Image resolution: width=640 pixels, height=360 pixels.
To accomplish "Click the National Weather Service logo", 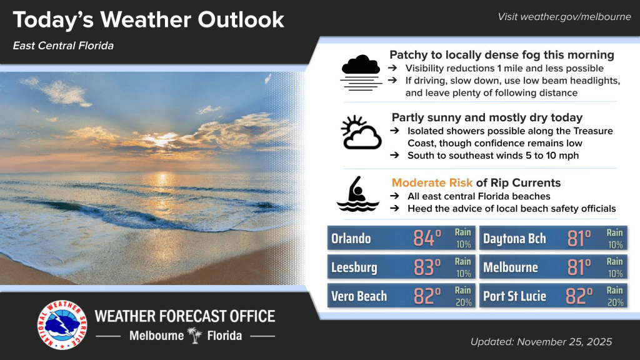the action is (62, 325).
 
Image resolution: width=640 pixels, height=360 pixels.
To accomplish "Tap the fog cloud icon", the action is (361, 72).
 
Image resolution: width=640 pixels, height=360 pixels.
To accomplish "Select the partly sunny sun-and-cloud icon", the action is (361, 132).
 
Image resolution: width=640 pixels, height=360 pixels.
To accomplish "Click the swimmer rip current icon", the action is (357, 194).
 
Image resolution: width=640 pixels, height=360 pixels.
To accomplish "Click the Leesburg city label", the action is (354, 267).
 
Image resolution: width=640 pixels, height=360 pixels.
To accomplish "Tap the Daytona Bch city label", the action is (514, 238).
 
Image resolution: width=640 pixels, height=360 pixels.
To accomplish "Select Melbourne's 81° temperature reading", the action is (579, 267).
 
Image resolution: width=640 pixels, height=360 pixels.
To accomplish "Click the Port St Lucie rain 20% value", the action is (615, 302).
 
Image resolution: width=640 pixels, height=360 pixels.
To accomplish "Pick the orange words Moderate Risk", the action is (432, 183).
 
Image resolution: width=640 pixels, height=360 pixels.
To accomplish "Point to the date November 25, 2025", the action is (564, 342).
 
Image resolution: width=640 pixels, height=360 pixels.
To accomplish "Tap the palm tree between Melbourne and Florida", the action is (195, 335).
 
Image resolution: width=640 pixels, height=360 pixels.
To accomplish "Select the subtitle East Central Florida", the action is (63, 46).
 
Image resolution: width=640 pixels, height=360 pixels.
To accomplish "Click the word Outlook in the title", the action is (241, 19).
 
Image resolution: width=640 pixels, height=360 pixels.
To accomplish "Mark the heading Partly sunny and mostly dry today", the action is (487, 117).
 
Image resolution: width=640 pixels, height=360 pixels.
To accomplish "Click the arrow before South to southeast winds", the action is (394, 155).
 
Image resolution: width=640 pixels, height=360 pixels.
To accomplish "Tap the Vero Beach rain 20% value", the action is (463, 302).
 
